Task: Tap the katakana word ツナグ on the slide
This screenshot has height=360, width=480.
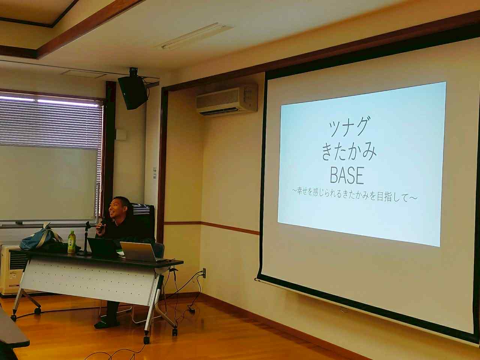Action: click(348, 126)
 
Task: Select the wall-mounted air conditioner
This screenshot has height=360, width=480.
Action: click(227, 100)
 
